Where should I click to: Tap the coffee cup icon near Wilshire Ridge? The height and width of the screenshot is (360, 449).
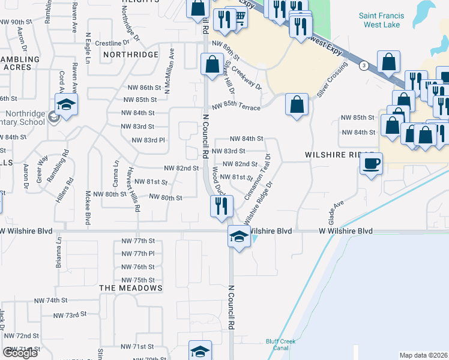click(372, 164)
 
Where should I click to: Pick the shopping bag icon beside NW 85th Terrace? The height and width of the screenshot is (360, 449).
click(297, 104)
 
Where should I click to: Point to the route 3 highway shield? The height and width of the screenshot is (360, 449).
click(364, 65)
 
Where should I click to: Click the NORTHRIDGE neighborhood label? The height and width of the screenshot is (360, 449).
click(131, 55)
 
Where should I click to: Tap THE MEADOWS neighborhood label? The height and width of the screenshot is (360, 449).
click(131, 288)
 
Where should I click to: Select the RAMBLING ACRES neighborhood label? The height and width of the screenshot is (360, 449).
click(20, 64)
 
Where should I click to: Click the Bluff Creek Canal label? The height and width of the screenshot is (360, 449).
click(281, 345)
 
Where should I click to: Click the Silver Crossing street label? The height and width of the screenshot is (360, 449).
click(332, 81)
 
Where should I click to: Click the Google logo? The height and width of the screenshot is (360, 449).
click(20, 353)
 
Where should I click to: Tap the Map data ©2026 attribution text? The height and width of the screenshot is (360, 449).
click(423, 355)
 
